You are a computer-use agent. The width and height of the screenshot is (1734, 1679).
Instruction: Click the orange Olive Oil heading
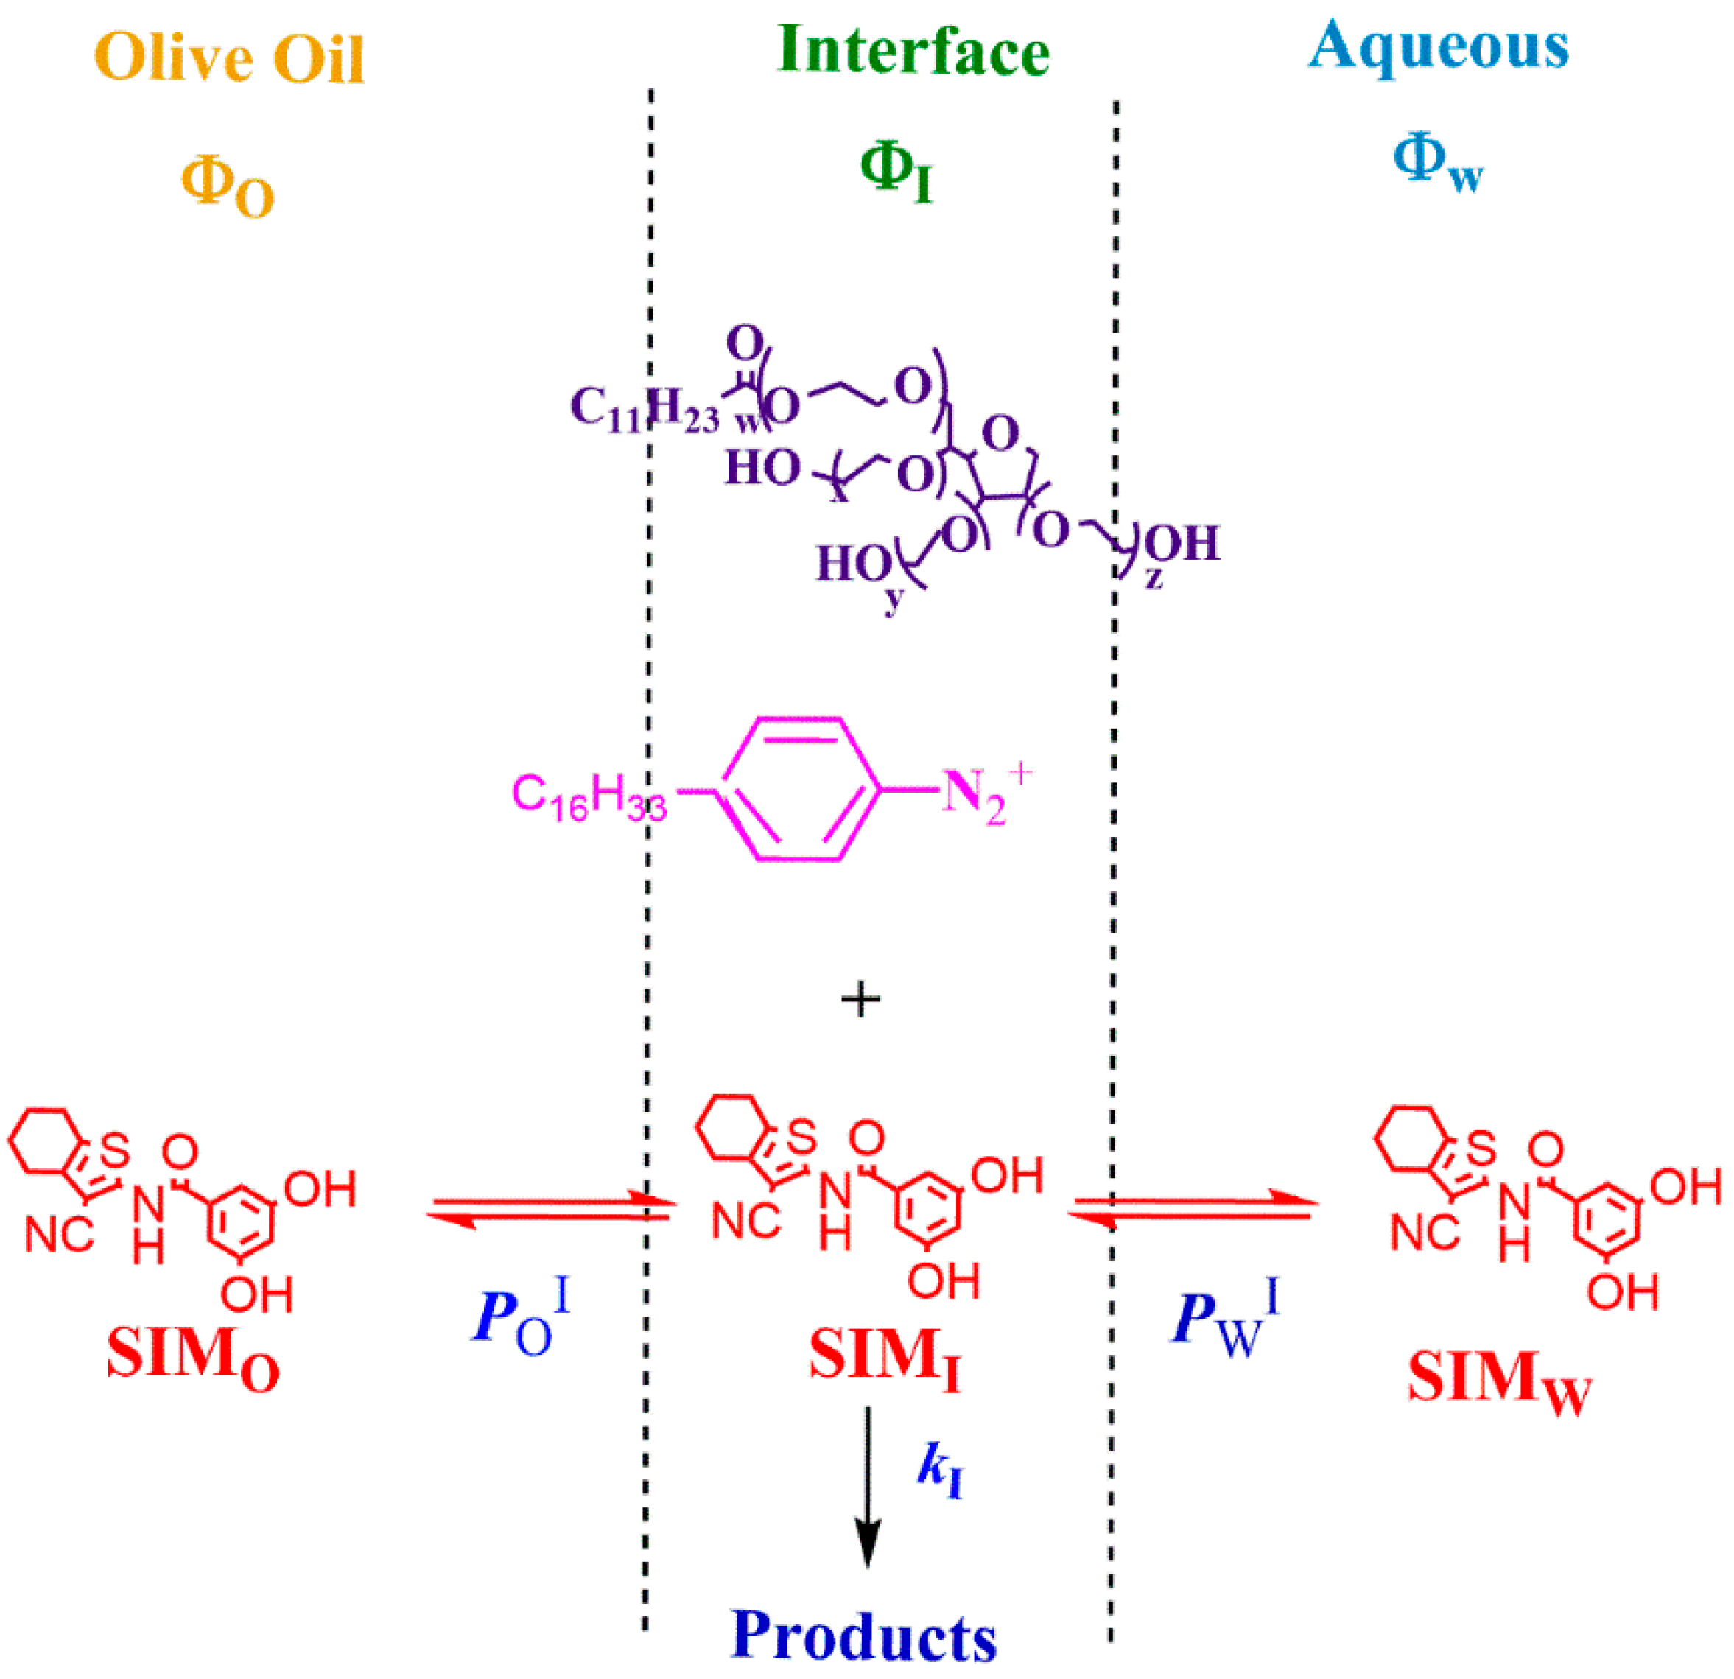229,58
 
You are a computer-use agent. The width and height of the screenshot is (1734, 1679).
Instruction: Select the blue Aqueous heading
1439,46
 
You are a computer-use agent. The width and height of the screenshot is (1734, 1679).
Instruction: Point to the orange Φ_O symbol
228,188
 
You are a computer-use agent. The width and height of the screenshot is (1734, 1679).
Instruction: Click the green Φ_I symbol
896,172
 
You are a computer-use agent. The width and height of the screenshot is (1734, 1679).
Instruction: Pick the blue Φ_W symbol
1438,164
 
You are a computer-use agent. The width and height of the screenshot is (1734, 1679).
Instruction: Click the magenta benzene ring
801,788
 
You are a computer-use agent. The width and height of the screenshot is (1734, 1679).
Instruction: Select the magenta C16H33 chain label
589,797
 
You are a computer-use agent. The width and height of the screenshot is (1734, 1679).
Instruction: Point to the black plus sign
860,1000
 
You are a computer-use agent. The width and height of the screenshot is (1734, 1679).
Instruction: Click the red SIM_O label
193,1356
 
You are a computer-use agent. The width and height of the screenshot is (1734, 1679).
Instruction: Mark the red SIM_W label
1499,1381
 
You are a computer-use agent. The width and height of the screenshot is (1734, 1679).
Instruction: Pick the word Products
864,1635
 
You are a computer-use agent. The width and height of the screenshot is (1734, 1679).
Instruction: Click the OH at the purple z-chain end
1182,543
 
